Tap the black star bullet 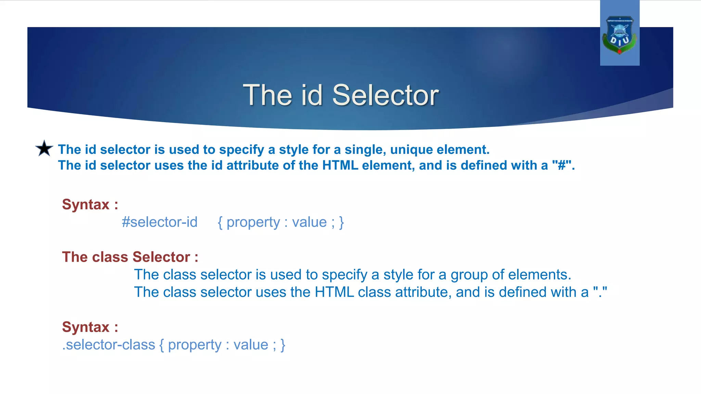point(44,148)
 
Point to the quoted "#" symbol point(562,166)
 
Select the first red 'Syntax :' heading point(90,205)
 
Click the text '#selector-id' point(160,222)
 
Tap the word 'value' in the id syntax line point(309,222)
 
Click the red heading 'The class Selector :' point(130,257)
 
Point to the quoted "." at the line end point(600,292)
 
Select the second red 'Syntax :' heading point(90,327)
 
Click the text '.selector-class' point(109,345)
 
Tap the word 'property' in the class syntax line point(194,345)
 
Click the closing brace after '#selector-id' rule point(341,222)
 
